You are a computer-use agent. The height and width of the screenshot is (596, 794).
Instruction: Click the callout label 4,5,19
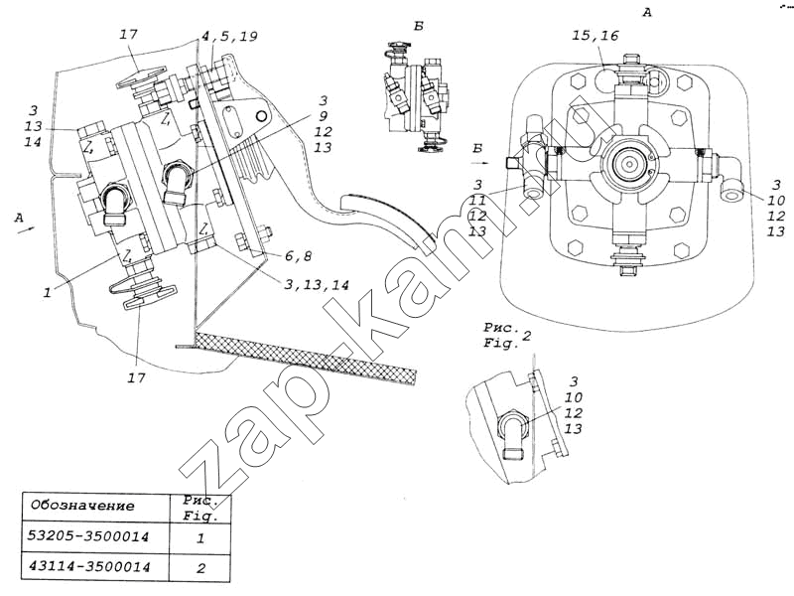(x=230, y=37)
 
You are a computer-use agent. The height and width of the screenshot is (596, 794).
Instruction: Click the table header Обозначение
(x=82, y=505)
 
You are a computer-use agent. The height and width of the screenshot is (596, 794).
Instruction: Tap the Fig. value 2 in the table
(x=201, y=569)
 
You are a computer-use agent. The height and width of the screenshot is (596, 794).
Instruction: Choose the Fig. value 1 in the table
(x=201, y=537)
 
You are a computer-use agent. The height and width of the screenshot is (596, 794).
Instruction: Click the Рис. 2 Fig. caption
(x=507, y=336)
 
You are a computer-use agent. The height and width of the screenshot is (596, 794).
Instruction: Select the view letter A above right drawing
(x=647, y=12)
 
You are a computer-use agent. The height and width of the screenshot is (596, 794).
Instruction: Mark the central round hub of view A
(x=629, y=162)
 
